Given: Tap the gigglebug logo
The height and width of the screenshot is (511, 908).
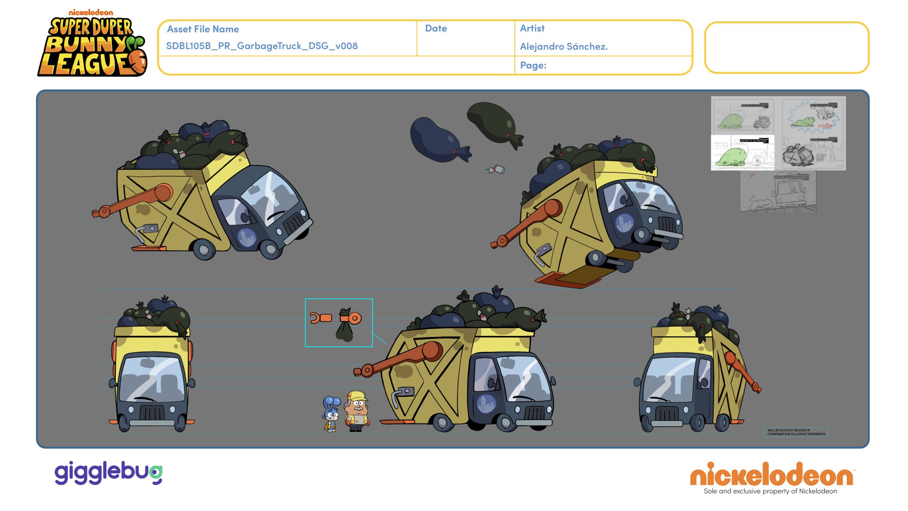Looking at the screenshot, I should pyautogui.click(x=108, y=473).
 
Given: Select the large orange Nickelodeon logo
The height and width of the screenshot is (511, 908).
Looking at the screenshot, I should pyautogui.click(x=771, y=475).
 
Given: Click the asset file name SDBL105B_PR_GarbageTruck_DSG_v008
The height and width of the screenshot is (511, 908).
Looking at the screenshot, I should pyautogui.click(x=262, y=46).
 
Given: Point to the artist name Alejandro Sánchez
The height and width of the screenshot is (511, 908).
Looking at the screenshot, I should pyautogui.click(x=564, y=46).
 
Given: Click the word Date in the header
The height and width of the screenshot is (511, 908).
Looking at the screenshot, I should pyautogui.click(x=436, y=29).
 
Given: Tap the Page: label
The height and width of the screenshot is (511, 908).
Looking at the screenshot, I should pyautogui.click(x=533, y=65).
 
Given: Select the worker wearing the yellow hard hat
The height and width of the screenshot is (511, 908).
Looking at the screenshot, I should pyautogui.click(x=358, y=412).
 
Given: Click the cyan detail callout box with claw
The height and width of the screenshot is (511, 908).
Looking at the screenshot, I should pyautogui.click(x=339, y=323).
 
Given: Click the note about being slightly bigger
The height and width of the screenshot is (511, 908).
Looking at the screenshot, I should pyautogui.click(x=796, y=432).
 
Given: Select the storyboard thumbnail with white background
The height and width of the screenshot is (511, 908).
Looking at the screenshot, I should pyautogui.click(x=742, y=153).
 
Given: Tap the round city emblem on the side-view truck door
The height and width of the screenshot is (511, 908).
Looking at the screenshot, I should pyautogui.click(x=486, y=403).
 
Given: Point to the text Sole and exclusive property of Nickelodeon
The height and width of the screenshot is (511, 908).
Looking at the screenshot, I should pyautogui.click(x=770, y=491).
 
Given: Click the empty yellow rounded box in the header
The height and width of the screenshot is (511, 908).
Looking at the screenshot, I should pyautogui.click(x=786, y=48).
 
